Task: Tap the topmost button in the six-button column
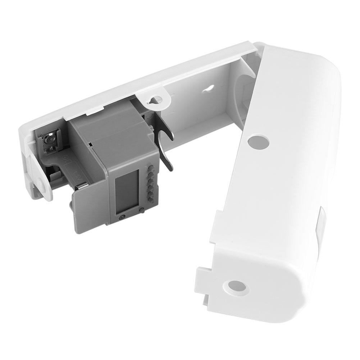click(x=150, y=166)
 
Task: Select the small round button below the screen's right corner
click(x=141, y=210)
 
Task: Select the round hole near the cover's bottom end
click(x=237, y=287)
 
